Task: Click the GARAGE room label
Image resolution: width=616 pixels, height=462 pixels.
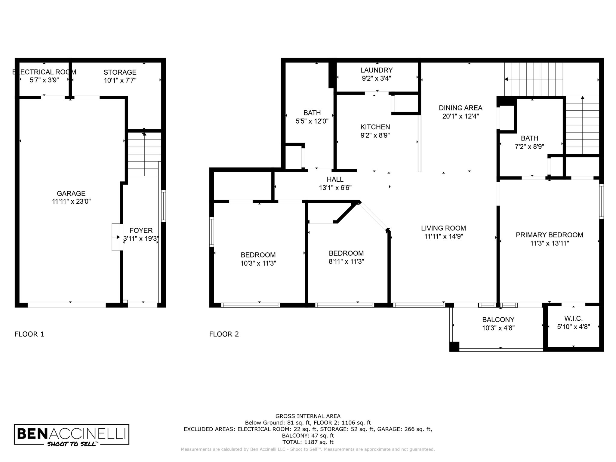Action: coord(71,193)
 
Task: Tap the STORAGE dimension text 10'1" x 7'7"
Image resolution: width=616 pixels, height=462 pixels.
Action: coord(120,80)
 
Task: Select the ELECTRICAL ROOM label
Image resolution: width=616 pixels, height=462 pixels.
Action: coord(44,72)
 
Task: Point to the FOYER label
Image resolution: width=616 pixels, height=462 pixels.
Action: coord(141,230)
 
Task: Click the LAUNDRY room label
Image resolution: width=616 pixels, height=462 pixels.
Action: coord(377,70)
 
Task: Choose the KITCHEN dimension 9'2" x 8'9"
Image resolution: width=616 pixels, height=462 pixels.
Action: coord(375,135)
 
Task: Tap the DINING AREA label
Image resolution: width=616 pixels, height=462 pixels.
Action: coord(460,108)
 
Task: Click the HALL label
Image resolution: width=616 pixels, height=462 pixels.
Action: coord(335,179)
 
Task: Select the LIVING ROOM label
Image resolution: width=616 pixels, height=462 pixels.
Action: coord(443,228)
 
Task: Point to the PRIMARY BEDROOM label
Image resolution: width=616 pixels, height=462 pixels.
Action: coord(549,235)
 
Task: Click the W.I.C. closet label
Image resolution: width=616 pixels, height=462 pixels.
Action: coord(573,318)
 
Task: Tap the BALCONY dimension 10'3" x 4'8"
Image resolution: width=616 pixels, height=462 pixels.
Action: coord(498,328)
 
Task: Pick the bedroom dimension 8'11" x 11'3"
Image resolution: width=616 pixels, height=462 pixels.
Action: coord(346,261)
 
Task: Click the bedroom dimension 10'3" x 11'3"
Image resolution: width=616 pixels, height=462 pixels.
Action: coord(258,263)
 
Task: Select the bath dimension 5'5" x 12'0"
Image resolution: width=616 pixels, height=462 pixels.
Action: coord(312,121)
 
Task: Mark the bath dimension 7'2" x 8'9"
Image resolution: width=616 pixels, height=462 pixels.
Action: coord(529,146)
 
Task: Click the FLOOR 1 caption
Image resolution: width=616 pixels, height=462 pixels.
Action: coord(29,334)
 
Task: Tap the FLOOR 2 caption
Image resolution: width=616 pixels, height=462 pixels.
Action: coord(224,334)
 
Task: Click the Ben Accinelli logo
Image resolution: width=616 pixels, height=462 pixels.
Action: coord(72,434)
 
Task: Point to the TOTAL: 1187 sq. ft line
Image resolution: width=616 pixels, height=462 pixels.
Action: coord(308,442)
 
